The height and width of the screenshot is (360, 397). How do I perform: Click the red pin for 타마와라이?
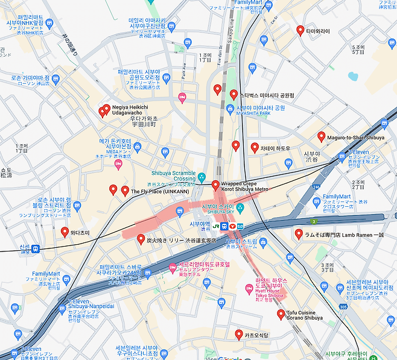tap(300, 30)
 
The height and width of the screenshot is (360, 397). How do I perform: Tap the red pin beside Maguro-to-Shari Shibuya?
tap(322, 137)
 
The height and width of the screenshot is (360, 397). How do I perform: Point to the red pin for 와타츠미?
tap(65, 232)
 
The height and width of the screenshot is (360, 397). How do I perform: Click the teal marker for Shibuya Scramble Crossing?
tap(202, 177)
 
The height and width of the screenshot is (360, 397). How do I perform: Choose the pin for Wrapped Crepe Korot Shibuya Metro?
tap(215, 185)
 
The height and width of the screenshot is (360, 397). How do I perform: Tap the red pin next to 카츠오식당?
tap(238, 334)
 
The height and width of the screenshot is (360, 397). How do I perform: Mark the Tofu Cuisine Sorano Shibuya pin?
tap(281, 314)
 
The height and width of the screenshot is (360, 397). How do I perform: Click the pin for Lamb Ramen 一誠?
tap(299, 234)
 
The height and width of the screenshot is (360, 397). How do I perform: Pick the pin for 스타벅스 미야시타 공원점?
tap(234, 95)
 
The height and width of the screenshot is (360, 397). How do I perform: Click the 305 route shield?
tap(343, 308)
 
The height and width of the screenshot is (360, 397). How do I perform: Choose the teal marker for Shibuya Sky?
tap(240, 209)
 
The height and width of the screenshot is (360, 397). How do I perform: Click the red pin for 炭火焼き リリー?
tap(141, 239)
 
